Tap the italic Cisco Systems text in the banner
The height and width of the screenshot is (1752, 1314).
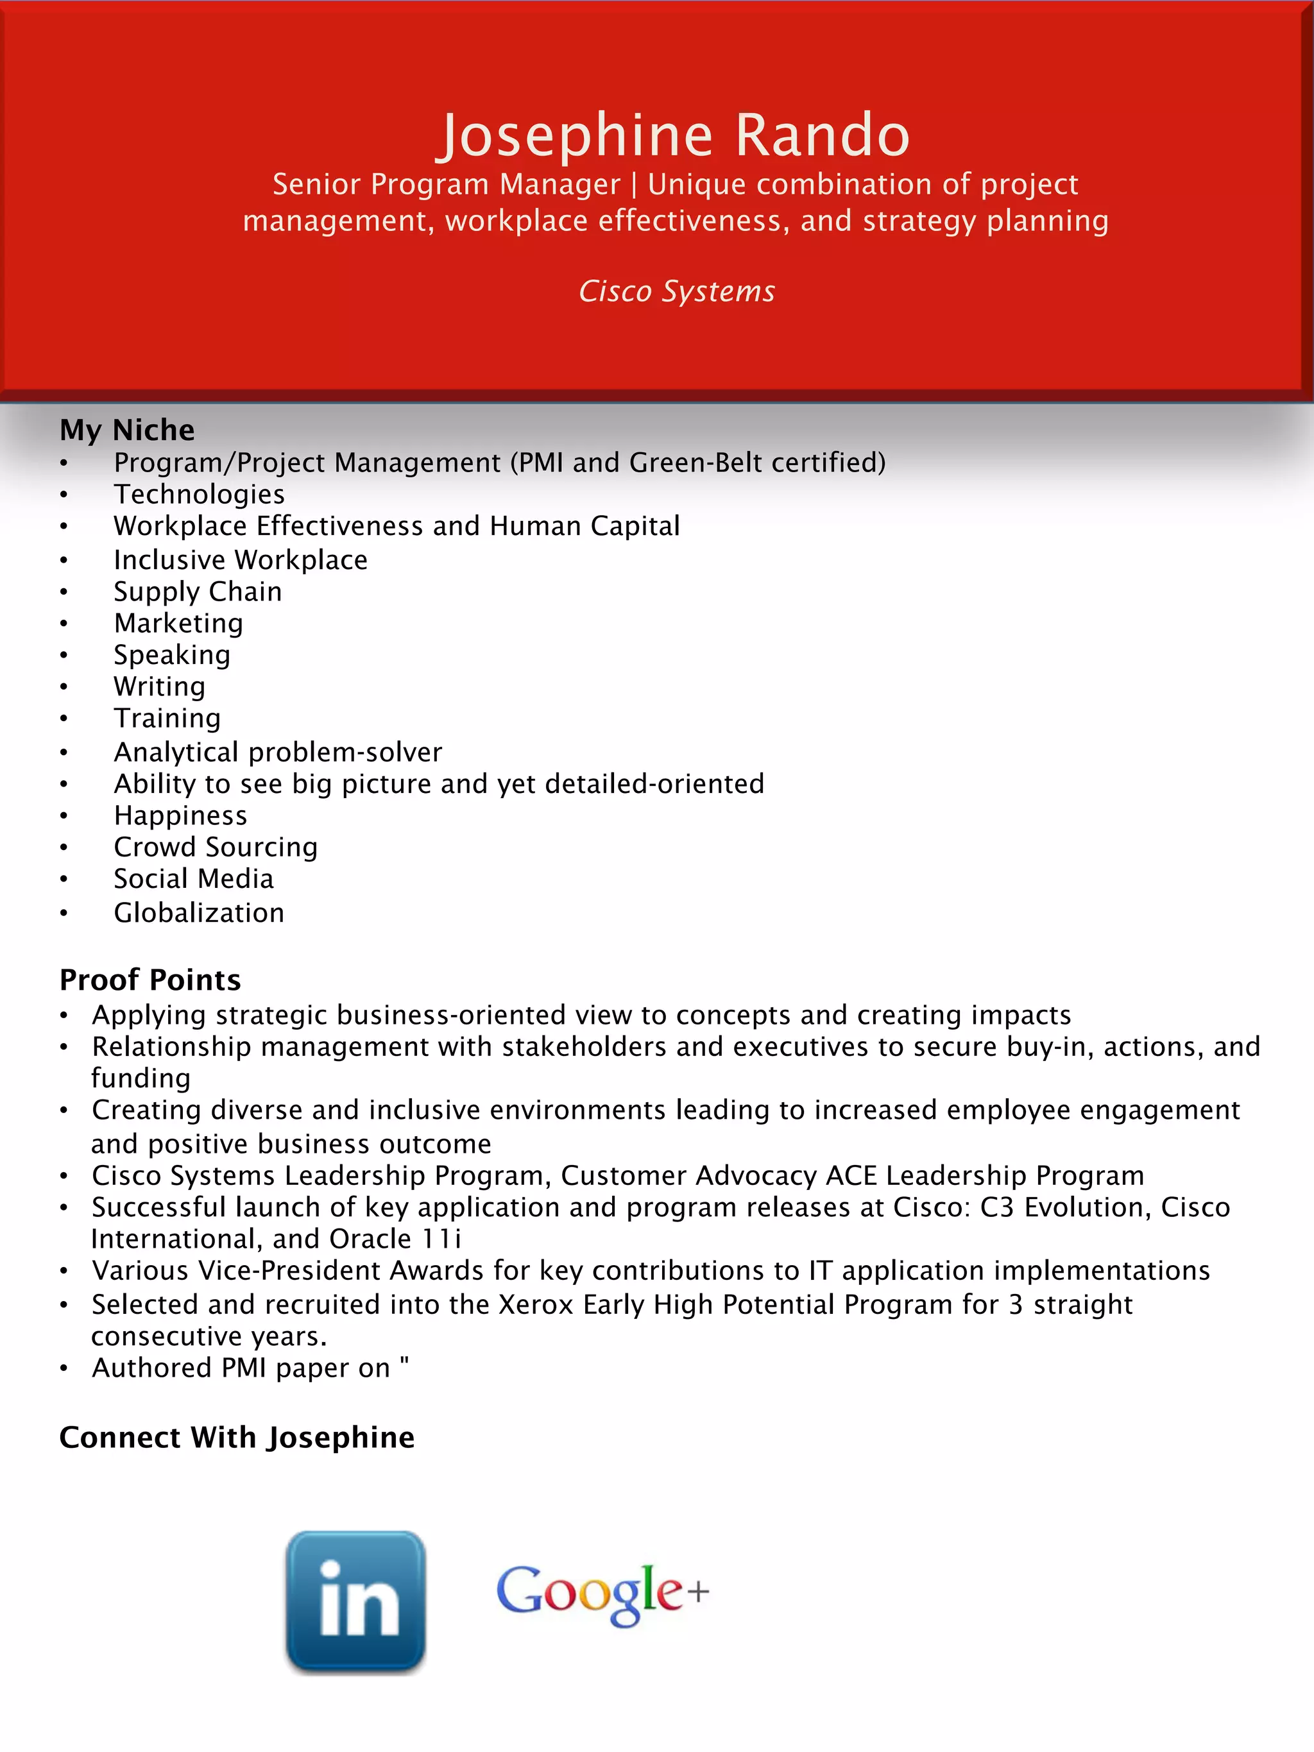coord(676,291)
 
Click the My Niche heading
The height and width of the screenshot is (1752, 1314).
coord(127,429)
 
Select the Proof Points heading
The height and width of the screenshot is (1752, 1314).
coord(149,980)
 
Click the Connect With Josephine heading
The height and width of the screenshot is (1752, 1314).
coord(237,1437)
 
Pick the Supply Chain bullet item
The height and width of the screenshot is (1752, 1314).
coord(197,591)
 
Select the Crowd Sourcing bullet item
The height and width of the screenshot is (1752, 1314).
coord(216,847)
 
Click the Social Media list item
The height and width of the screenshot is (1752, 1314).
coord(193,878)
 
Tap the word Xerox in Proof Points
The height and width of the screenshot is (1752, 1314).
coord(536,1304)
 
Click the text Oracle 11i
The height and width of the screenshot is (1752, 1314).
coord(395,1239)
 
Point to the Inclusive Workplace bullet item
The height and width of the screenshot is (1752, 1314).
coord(240,560)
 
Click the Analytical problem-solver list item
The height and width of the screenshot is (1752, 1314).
coord(277,752)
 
